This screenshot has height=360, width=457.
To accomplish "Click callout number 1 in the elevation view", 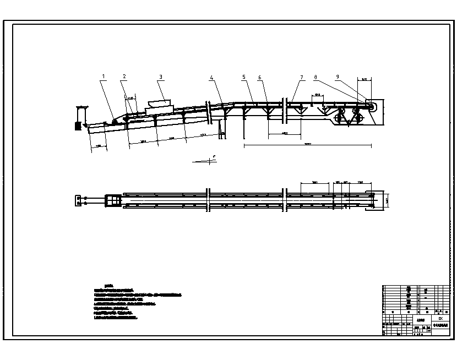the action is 102,77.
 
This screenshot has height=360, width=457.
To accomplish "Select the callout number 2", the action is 124,77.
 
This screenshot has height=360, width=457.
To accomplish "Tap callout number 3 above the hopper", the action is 160,77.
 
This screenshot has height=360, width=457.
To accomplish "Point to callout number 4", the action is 211,78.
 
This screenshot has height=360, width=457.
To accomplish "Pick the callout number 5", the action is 243,78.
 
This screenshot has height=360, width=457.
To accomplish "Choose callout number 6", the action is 259,78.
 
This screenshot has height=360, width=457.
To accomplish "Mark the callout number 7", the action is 302,78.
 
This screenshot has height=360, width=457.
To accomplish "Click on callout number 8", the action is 315,78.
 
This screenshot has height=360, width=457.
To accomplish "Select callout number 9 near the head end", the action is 338,77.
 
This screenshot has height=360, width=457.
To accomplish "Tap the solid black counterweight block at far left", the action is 77,126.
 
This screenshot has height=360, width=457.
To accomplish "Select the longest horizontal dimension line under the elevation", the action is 307,146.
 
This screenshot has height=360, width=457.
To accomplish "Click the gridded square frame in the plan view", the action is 113,200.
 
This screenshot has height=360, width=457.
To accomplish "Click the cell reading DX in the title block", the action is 440,318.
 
